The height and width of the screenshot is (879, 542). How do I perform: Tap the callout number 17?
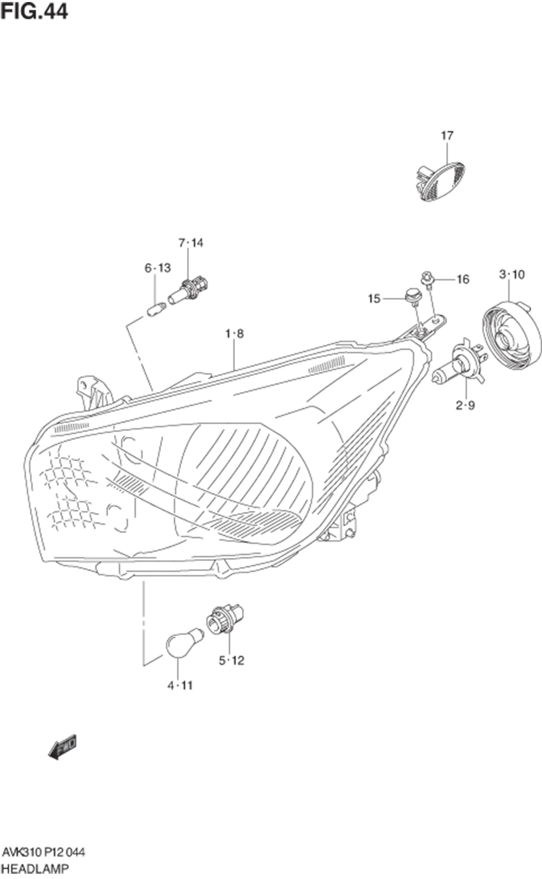(447, 136)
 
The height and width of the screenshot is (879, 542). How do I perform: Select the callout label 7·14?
(191, 243)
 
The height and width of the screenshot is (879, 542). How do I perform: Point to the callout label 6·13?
(158, 268)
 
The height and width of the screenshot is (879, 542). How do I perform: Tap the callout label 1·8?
(234, 334)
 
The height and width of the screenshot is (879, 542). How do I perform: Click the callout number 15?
(374, 299)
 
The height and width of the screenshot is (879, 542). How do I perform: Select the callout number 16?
(463, 279)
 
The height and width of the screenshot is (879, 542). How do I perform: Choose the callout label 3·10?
(511, 274)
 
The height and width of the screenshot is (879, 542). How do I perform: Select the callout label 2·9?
(465, 405)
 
